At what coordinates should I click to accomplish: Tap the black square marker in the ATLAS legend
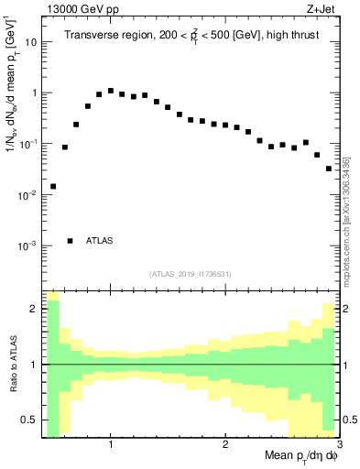coord(71,241)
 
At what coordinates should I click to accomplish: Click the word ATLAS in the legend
coord(100,241)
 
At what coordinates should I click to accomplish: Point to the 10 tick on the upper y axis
coord(31,42)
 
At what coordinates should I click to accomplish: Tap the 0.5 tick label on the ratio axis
coord(28,420)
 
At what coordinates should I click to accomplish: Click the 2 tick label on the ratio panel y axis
coord(33,309)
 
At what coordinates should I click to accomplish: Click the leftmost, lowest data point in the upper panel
coord(53,186)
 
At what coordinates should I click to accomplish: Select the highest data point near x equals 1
coord(111,91)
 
